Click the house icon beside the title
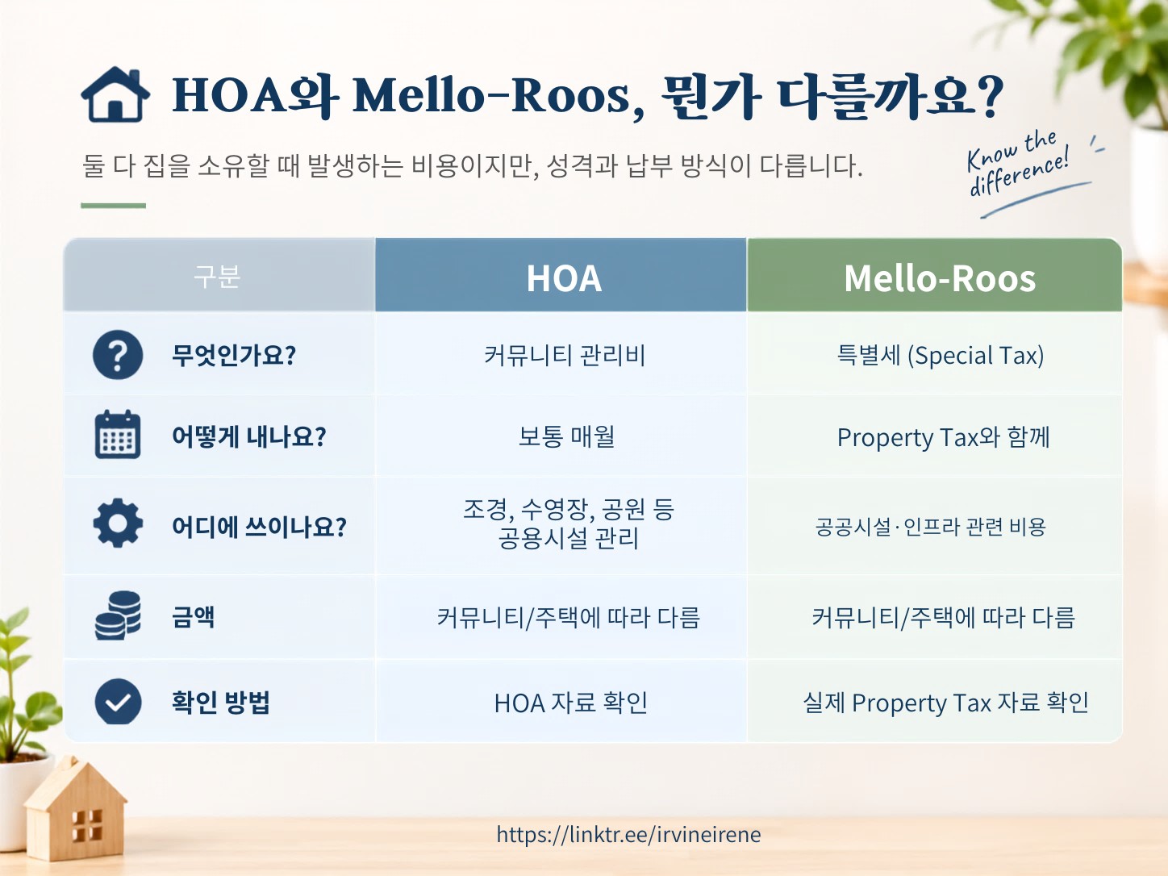pyautogui.click(x=115, y=94)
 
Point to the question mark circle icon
pyautogui.click(x=118, y=355)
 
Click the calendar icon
pyautogui.click(x=118, y=435)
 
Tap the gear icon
pyautogui.click(x=118, y=523)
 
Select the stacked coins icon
pyautogui.click(x=118, y=615)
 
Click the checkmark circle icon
pyautogui.click(x=118, y=702)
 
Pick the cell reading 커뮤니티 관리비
pyautogui.click(x=565, y=355)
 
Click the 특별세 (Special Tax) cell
pyautogui.click(x=941, y=355)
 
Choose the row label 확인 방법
pyautogui.click(x=220, y=702)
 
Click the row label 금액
pyautogui.click(x=193, y=617)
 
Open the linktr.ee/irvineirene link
pyautogui.click(x=628, y=834)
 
